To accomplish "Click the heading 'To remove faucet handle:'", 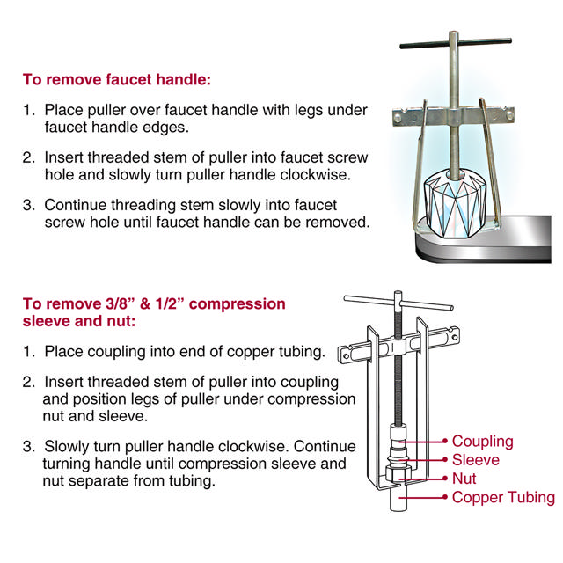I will pyautogui.click(x=117, y=79).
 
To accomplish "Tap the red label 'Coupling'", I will pyautogui.click(x=482, y=441).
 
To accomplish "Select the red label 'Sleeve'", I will pyautogui.click(x=475, y=460).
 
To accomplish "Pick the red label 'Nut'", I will pyautogui.click(x=464, y=479).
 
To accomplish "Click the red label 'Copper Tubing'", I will pyautogui.click(x=503, y=498).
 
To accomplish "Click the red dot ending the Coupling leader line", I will pyautogui.click(x=445, y=442).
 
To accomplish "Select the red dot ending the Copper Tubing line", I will pyautogui.click(x=445, y=498).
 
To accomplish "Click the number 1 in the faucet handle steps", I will pyautogui.click(x=28, y=112).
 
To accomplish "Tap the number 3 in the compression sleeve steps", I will pyautogui.click(x=28, y=444).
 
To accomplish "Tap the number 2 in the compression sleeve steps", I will pyautogui.click(x=28, y=383).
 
